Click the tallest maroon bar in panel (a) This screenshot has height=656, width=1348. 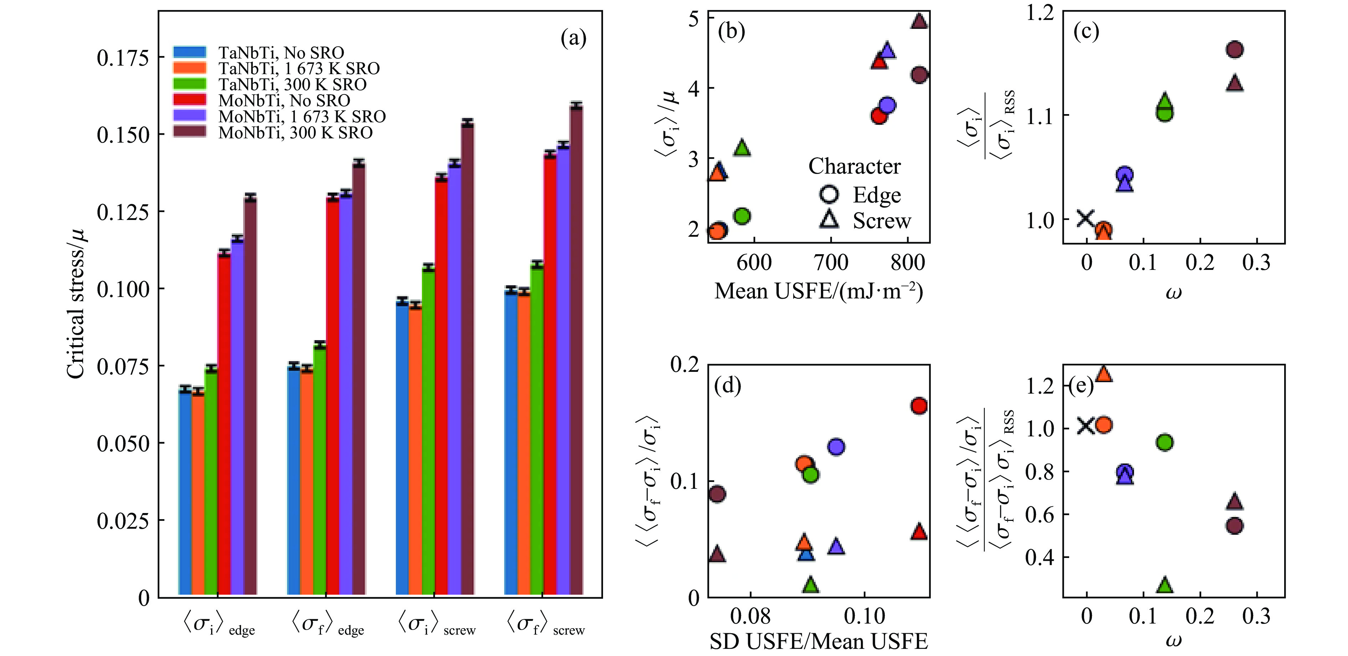[576, 350]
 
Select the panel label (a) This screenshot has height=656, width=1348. [573, 38]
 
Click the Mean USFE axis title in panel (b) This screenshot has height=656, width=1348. [818, 291]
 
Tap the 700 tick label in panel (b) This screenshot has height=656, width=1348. [832, 262]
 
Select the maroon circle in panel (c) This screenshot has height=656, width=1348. [1235, 50]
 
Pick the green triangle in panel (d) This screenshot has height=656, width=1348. [811, 585]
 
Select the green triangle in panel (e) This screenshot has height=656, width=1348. [1164, 585]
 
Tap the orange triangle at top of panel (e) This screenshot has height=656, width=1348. [1104, 374]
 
